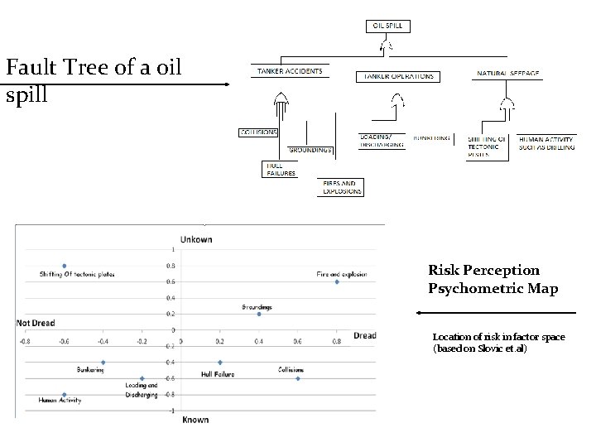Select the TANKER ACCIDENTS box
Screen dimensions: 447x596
pyautogui.click(x=290, y=71)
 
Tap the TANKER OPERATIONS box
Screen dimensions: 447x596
pyautogui.click(x=396, y=76)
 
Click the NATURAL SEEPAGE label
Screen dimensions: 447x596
pyautogui.click(x=507, y=74)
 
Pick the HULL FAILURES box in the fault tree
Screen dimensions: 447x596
pyautogui.click(x=281, y=170)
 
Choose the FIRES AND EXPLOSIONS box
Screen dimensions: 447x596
pyautogui.click(x=342, y=187)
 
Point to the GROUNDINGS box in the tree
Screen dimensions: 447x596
pyautogui.click(x=310, y=150)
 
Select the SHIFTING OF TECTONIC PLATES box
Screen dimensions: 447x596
pyautogui.click(x=488, y=147)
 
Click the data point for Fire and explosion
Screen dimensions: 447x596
pyautogui.click(x=337, y=282)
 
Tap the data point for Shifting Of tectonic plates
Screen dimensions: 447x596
pyautogui.click(x=65, y=266)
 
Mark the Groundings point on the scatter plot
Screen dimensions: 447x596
pyautogui.click(x=259, y=314)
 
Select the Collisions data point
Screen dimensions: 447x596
pyautogui.click(x=298, y=378)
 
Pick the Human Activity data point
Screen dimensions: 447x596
pyautogui.click(x=65, y=395)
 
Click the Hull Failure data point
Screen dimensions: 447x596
pyautogui.click(x=220, y=363)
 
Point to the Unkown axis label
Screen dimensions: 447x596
pyautogui.click(x=196, y=240)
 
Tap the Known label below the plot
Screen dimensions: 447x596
pyautogui.click(x=195, y=420)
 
